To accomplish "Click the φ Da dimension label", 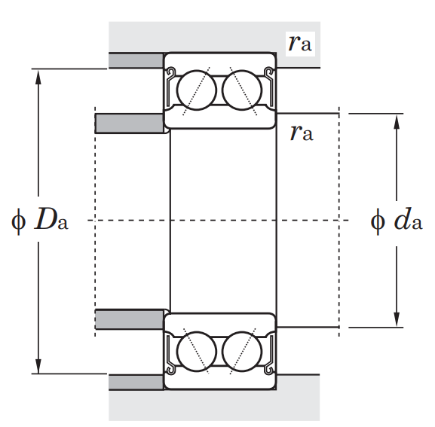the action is coord(40,221).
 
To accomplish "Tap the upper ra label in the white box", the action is coord(300,44).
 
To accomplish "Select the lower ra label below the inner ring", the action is coord(302,133).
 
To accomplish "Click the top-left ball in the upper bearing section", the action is coord(197,90).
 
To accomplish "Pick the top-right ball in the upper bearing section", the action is coord(242,90).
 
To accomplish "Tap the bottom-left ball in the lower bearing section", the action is coord(197,352).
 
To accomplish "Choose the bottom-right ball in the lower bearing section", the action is coord(242,352).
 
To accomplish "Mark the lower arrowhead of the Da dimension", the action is coord(38,366).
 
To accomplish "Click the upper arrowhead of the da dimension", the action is coord(397,121).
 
